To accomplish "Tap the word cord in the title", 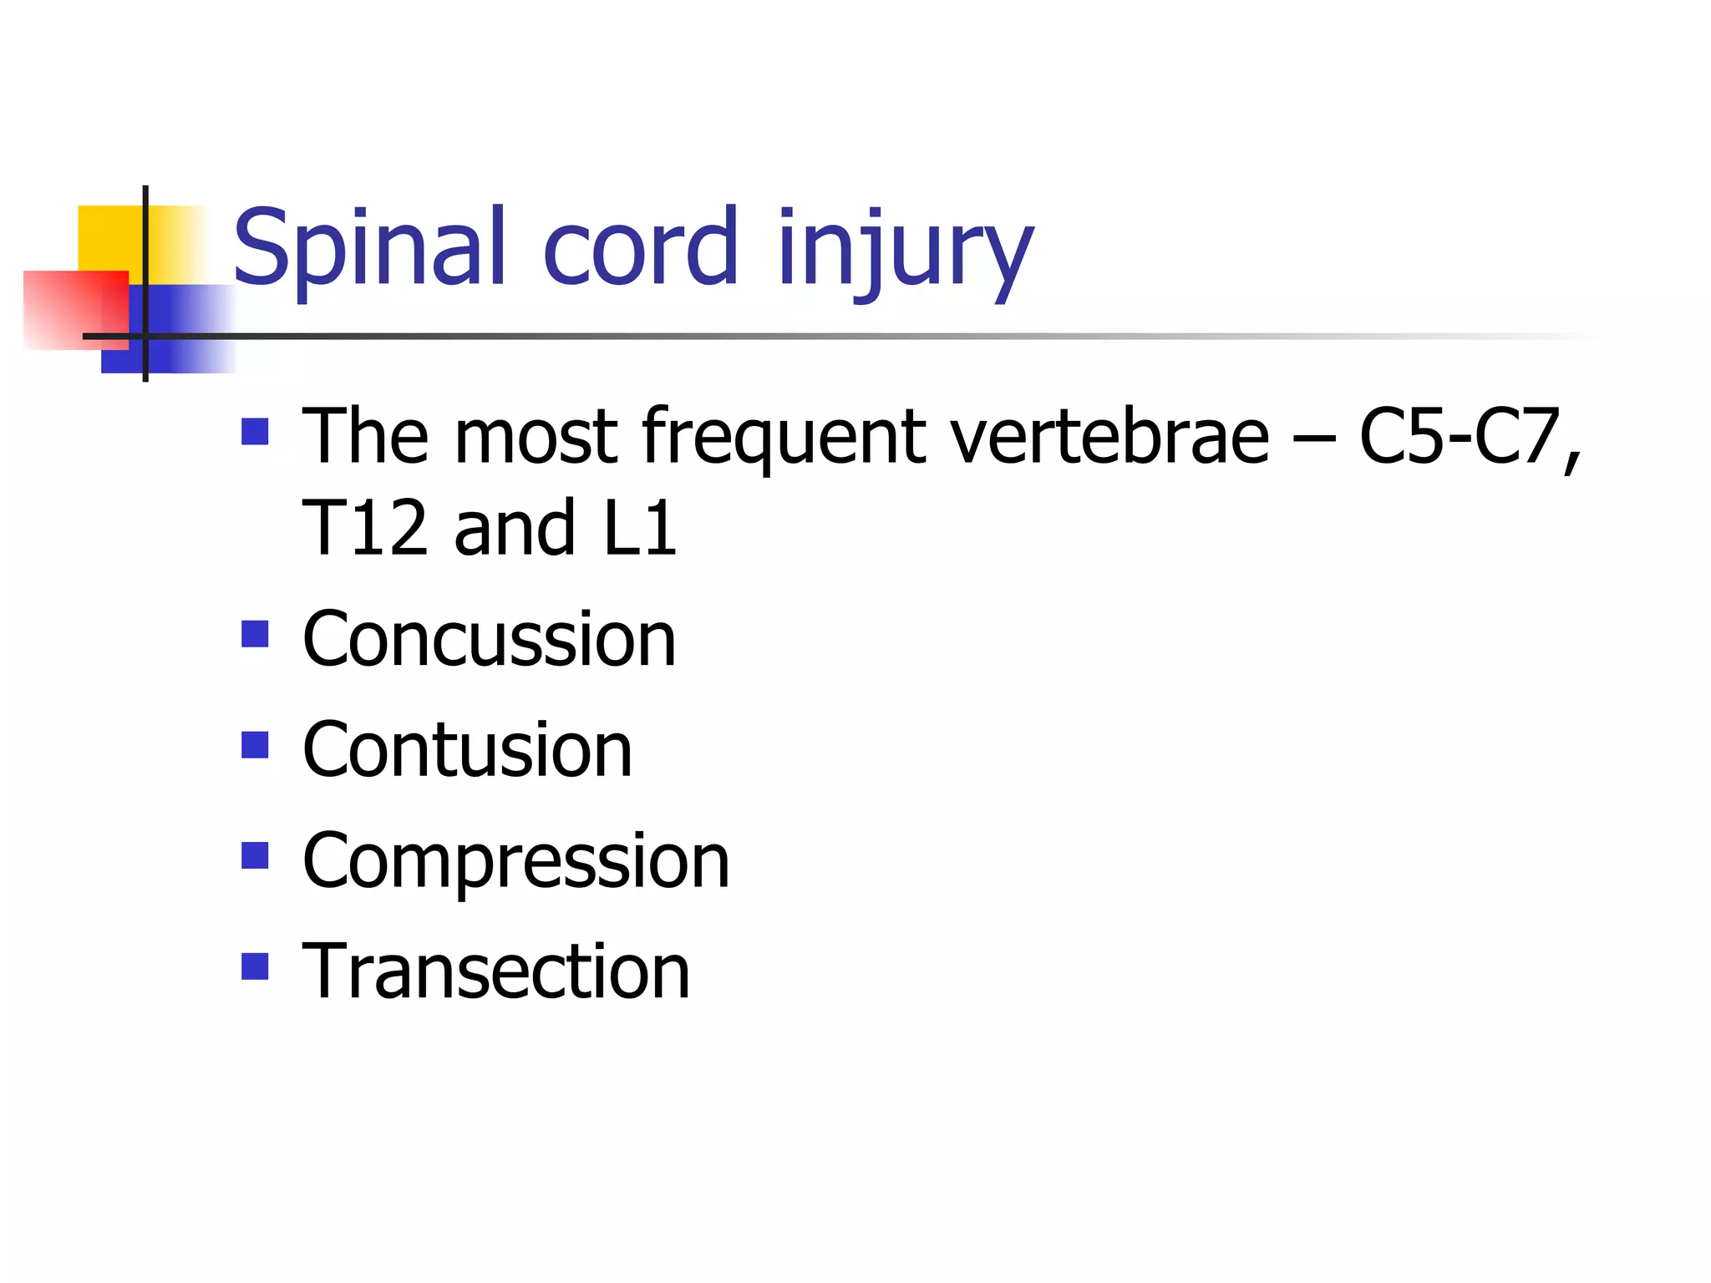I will [x=640, y=247].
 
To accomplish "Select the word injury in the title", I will [x=905, y=251].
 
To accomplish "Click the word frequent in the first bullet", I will [x=784, y=438].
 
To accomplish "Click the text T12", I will [x=364, y=528].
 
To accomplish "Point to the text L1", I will [x=639, y=528].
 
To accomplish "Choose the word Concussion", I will [x=489, y=640].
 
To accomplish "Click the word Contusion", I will [x=467, y=750].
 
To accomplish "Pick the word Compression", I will [x=515, y=862].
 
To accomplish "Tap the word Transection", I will [x=495, y=971].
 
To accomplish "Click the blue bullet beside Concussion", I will [x=255, y=634].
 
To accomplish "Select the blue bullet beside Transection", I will [x=255, y=966].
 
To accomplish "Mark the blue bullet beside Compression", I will [x=255, y=856].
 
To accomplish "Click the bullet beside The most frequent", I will [x=255, y=432].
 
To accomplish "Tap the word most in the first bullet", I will [x=536, y=438].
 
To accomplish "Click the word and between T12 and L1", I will [x=515, y=528].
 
